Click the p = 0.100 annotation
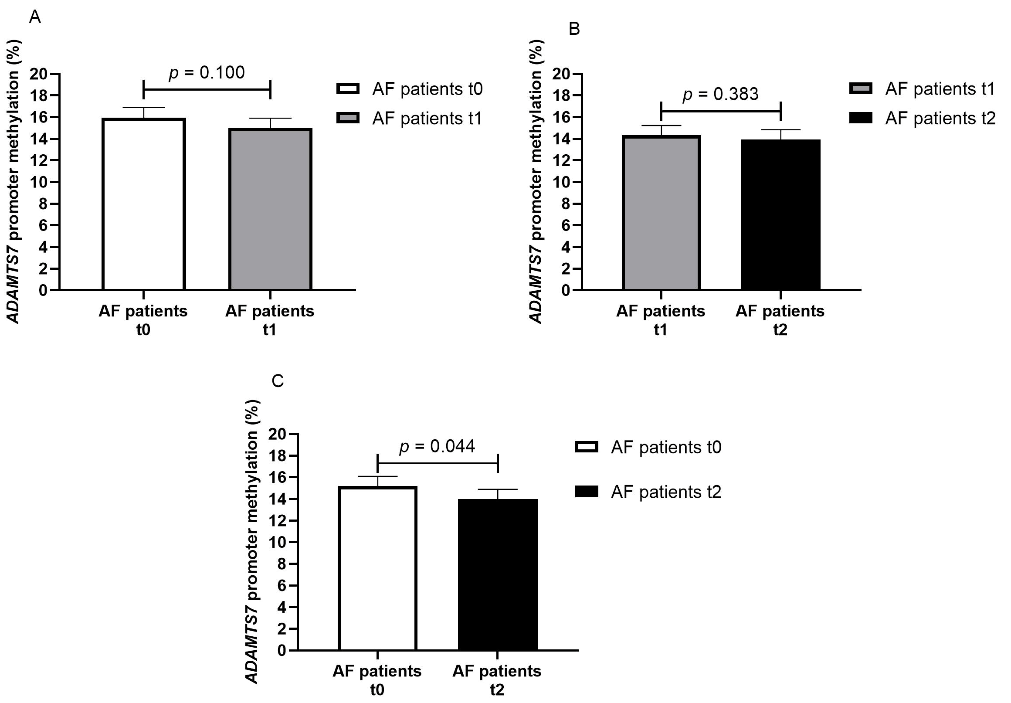(207, 73)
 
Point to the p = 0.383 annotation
(720, 94)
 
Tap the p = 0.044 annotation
(437, 446)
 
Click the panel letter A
(35, 17)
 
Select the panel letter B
(574, 30)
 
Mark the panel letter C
(278, 381)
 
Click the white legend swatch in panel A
(348, 89)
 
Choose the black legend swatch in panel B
(861, 118)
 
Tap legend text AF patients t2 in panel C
(666, 492)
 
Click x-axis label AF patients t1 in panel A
(269, 320)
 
